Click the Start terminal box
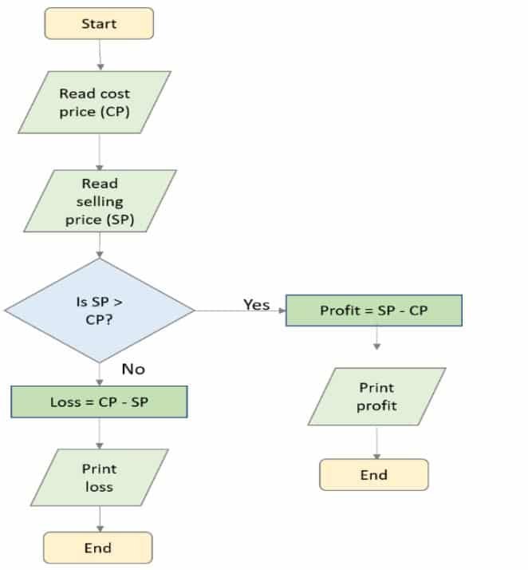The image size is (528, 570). [x=100, y=23]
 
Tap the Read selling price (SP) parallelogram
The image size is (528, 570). [x=100, y=200]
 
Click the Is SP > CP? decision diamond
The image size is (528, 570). [x=100, y=310]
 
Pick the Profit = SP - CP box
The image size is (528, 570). [x=373, y=311]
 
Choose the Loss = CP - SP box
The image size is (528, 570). [x=99, y=402]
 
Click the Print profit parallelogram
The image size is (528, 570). [x=376, y=397]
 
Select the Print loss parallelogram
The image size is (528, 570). [x=100, y=477]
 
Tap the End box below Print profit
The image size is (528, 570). [x=373, y=474]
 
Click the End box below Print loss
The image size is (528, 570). [x=97, y=548]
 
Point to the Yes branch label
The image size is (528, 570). [x=256, y=305]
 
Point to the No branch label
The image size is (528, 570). [x=133, y=369]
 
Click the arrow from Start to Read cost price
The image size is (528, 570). [x=100, y=54]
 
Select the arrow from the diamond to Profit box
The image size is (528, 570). [x=239, y=311]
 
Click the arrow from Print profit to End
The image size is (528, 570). [x=376, y=441]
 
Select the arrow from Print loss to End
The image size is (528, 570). [x=100, y=518]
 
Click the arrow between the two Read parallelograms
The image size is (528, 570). [x=100, y=151]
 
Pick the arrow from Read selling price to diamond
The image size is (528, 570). [x=100, y=245]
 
